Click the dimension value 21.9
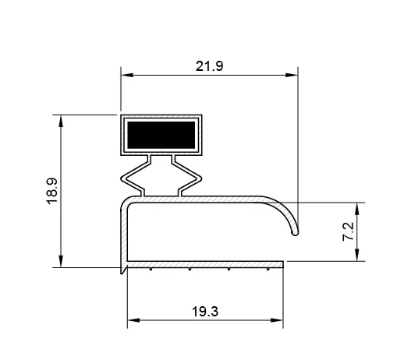click(x=209, y=66)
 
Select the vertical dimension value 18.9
click(x=51, y=191)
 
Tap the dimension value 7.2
click(x=349, y=233)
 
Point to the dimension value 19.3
click(x=204, y=312)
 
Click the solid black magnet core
click(x=161, y=136)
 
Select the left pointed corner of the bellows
click(x=124, y=179)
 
